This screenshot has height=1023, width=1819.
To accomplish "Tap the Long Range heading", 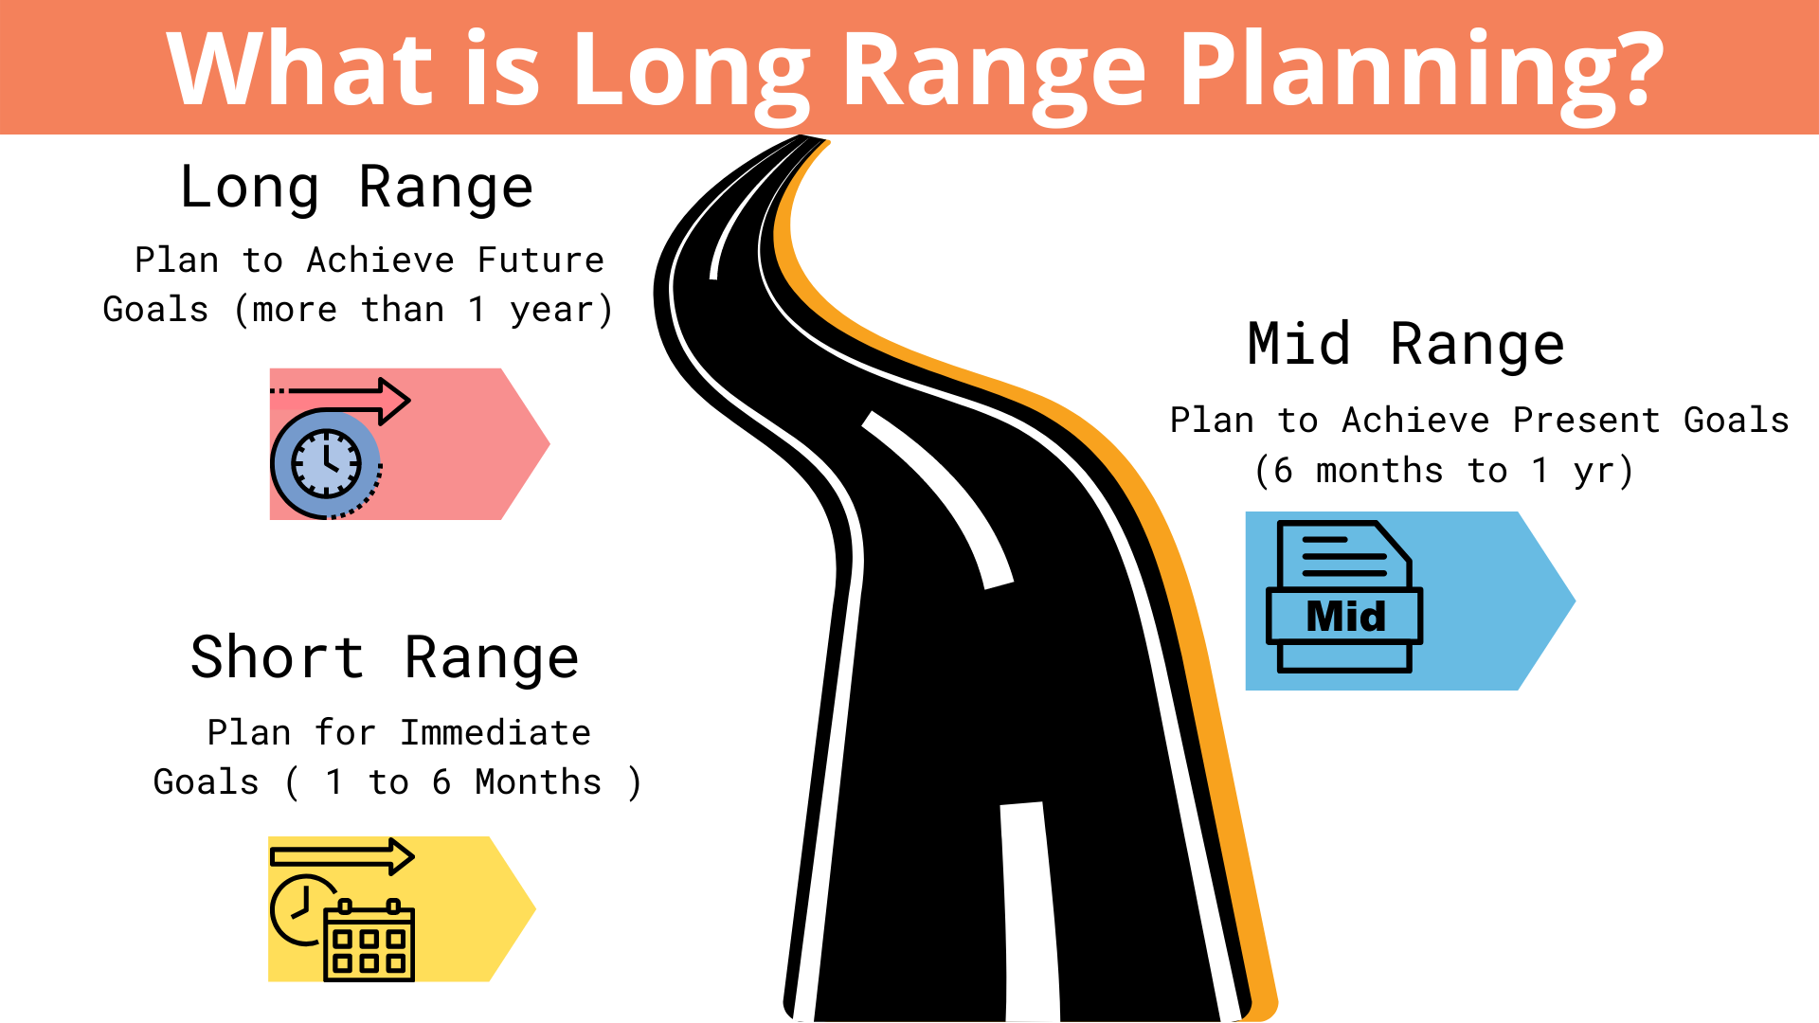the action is tap(356, 188).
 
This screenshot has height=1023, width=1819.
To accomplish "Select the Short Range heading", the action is tap(385, 658).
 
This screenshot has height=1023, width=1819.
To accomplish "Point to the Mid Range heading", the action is tap(1406, 344).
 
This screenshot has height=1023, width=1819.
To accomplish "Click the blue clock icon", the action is tap(326, 464).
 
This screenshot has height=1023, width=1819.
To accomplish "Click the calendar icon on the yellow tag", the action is tap(369, 940).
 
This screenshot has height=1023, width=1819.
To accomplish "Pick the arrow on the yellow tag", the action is tap(342, 857).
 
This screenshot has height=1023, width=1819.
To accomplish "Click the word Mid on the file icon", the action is tap(1345, 617).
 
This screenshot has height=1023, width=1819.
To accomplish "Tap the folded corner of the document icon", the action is tap(1394, 542).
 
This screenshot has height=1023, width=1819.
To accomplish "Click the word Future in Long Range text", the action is tap(540, 260).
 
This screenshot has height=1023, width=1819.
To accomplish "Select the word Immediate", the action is tap(495, 733).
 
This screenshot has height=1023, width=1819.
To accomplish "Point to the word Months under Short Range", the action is tap(537, 782).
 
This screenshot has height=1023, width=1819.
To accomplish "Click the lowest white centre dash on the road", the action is tap(1030, 911).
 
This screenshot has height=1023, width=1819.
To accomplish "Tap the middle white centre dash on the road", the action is tap(938, 500).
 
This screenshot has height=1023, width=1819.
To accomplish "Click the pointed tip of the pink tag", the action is tap(549, 443).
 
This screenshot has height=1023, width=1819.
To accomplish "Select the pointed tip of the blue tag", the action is tap(1575, 601).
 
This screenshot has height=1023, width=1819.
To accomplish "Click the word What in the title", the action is tap(301, 68).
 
